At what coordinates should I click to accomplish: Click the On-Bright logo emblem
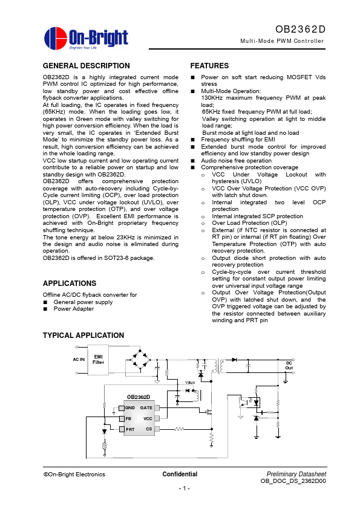(x=55, y=37)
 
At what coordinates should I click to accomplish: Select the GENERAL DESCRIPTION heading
(x=87, y=66)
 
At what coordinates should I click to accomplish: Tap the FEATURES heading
(x=209, y=66)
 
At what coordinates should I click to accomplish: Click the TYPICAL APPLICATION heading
(x=83, y=336)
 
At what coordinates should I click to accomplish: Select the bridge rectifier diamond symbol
(x=142, y=360)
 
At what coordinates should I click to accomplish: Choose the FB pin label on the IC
(x=129, y=418)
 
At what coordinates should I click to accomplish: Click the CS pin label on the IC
(x=149, y=429)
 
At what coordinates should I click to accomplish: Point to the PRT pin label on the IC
(x=130, y=429)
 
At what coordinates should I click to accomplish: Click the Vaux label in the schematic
(x=190, y=383)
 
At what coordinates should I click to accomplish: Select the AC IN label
(x=79, y=360)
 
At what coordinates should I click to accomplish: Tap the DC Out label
(x=289, y=365)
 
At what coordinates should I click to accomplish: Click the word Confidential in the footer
(x=180, y=474)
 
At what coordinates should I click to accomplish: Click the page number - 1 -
(x=184, y=488)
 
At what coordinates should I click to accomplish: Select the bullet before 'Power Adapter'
(x=45, y=309)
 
